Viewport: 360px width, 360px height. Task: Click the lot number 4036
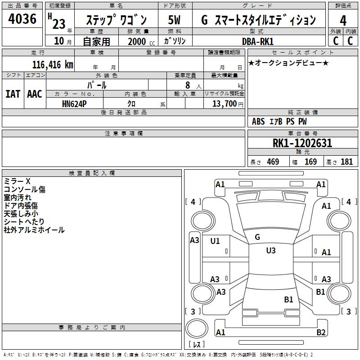[22, 19]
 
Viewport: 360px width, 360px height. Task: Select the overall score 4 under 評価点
[343, 20]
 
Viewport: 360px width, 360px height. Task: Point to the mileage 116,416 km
[53, 64]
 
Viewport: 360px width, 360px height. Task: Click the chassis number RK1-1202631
[302, 144]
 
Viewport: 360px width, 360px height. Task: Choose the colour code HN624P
[75, 103]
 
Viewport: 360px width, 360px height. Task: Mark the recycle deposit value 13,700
[225, 103]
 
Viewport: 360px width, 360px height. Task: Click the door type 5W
[175, 20]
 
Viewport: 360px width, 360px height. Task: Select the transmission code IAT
[13, 94]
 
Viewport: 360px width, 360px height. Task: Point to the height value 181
[346, 162]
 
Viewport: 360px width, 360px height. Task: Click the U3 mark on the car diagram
[270, 251]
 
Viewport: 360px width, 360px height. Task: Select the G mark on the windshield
[257, 237]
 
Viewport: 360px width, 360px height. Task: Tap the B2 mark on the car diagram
[321, 333]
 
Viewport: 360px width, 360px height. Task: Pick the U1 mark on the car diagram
[215, 241]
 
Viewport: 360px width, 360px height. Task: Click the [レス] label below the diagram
[196, 345]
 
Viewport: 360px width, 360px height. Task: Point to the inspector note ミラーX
[17, 181]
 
